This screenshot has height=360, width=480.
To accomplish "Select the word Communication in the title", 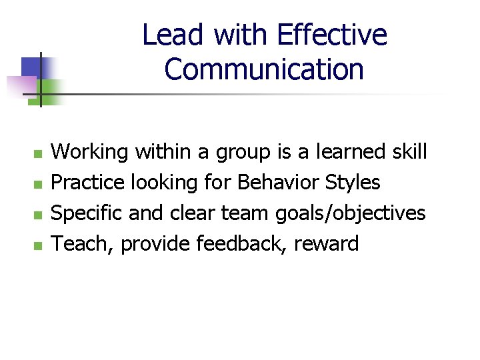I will pyautogui.click(x=264, y=69).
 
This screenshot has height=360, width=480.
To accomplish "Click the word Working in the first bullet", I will pyautogui.click(x=90, y=152).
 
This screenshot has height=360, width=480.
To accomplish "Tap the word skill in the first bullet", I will pyautogui.click(x=409, y=152).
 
